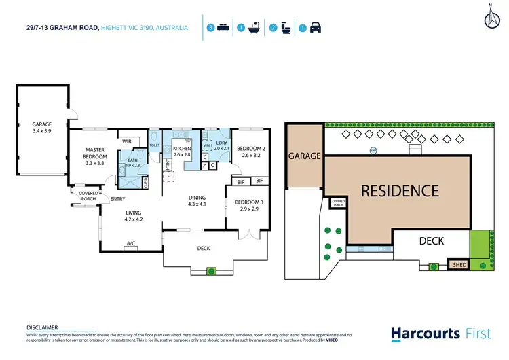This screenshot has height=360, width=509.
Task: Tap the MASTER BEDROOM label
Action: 96,156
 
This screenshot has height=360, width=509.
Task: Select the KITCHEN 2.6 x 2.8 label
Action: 183,152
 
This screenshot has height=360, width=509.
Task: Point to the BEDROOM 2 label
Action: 250,151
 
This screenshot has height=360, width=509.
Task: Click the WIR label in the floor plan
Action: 126,141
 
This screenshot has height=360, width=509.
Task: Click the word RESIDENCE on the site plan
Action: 399,191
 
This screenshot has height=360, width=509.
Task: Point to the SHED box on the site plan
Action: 459,264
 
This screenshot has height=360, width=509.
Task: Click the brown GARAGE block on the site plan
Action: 304,156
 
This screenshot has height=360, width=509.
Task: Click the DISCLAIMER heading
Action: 42,327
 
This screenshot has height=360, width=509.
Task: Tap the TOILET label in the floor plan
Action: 154,145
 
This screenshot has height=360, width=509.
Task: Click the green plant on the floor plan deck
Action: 211,271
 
